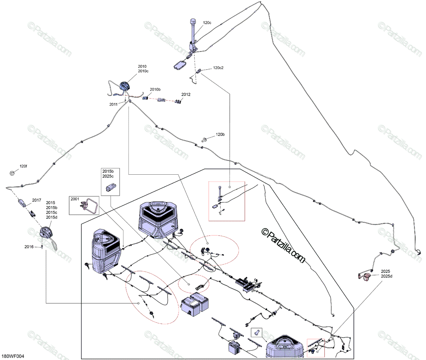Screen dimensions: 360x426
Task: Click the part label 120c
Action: (x=207, y=23)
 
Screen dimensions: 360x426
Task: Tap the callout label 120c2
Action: (x=218, y=68)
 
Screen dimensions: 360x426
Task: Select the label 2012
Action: (x=186, y=94)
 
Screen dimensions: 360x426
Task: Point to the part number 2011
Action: (x=114, y=104)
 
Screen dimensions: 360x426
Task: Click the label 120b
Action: (x=220, y=135)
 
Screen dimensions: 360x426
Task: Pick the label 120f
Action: (x=23, y=166)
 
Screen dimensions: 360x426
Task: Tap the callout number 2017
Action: (x=37, y=200)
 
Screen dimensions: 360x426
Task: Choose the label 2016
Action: (x=29, y=247)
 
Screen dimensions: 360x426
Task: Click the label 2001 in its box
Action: (x=75, y=199)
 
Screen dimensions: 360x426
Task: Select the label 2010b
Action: (x=155, y=89)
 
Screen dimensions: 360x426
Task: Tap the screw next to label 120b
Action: (x=205, y=138)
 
